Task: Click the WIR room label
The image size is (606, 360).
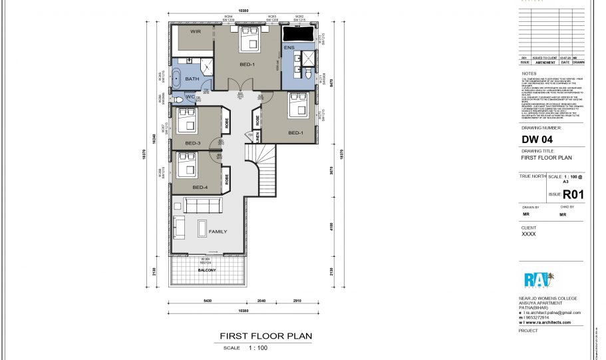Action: click(x=196, y=31)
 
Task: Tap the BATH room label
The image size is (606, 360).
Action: click(x=192, y=79)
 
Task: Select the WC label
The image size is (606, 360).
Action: click(x=190, y=97)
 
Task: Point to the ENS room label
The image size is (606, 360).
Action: click(x=289, y=48)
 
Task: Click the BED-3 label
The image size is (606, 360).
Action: click(x=193, y=143)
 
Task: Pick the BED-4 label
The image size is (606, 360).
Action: click(x=200, y=188)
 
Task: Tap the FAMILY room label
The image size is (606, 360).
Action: click(x=218, y=232)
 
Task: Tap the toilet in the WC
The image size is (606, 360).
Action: click(x=178, y=100)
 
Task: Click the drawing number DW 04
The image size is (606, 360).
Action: click(x=537, y=140)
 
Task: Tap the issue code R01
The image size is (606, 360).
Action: click(x=573, y=195)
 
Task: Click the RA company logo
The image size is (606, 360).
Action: click(x=538, y=280)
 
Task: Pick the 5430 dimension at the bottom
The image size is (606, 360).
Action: click(x=208, y=301)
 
